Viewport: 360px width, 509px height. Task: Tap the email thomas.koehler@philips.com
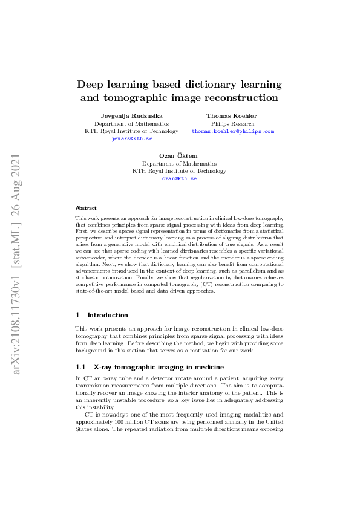[x=233, y=131]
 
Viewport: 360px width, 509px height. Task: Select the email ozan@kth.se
[x=180, y=178]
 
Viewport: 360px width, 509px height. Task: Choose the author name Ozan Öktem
[x=180, y=155]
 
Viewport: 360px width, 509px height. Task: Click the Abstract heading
[x=86, y=207]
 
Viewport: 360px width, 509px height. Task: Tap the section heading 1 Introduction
[x=102, y=315]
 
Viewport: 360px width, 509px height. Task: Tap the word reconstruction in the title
[x=238, y=97]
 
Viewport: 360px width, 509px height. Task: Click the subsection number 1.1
[x=80, y=367]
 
